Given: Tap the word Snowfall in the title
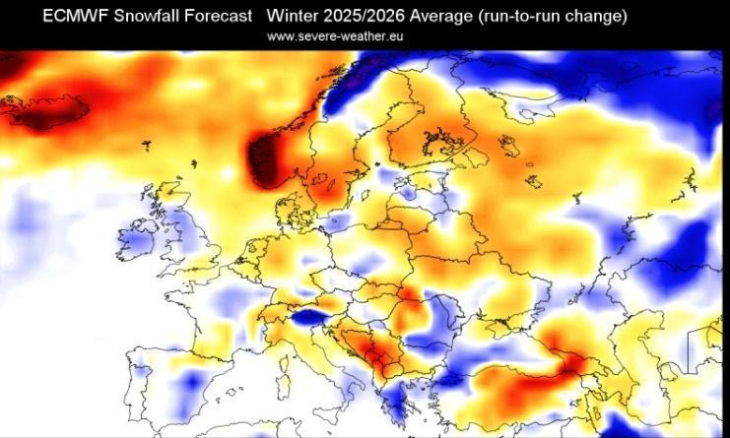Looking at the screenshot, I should [x=151, y=17].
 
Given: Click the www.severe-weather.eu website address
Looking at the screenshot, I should [x=335, y=35].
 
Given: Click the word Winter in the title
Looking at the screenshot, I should [x=292, y=17].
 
